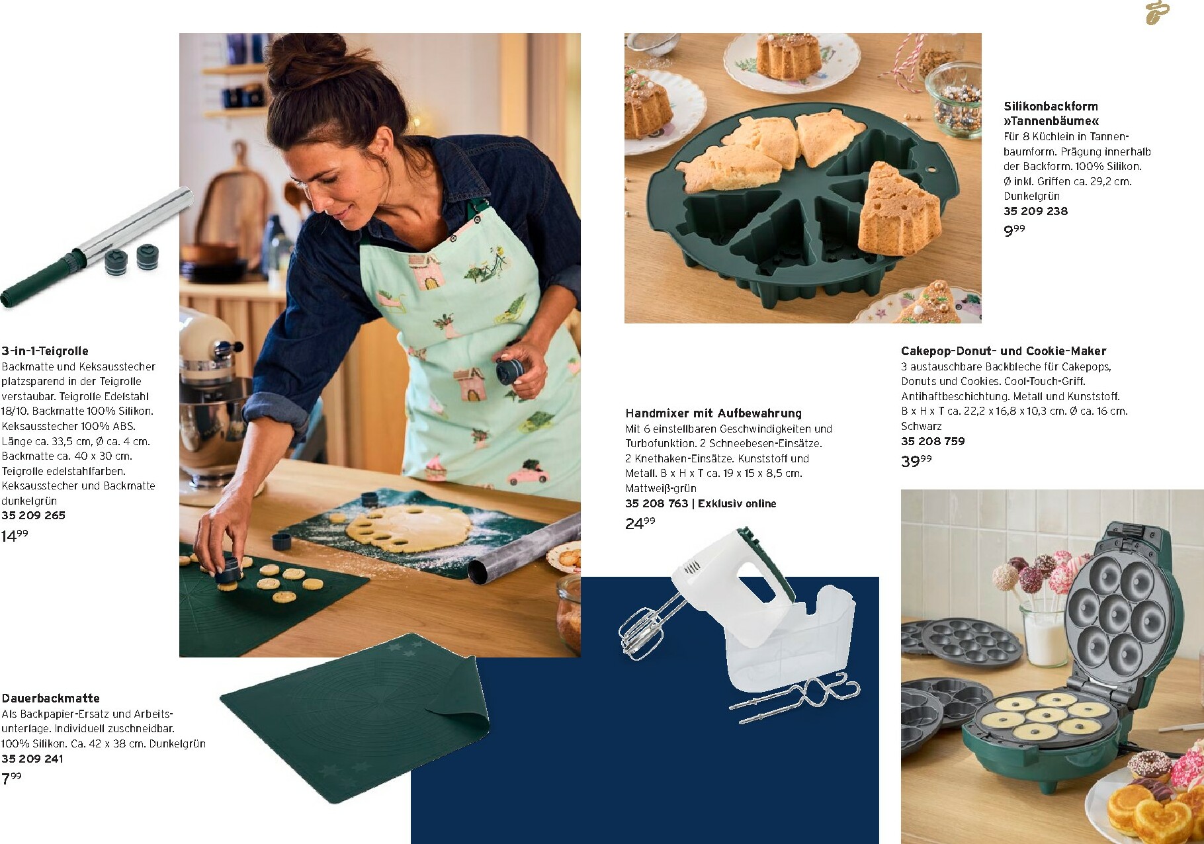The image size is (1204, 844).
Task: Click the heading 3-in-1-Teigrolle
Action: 45,351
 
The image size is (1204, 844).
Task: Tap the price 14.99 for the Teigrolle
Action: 15,536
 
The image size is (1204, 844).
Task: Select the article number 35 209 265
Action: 33,515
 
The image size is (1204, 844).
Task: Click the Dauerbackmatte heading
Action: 50,698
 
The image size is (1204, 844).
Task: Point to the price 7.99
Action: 11,779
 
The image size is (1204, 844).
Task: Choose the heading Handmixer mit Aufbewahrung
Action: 713,413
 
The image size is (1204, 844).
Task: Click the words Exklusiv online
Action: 737,503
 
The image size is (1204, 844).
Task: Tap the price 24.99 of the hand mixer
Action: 640,523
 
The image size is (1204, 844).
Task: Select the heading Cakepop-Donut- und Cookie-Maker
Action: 1004,351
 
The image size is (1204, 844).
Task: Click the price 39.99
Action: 916,461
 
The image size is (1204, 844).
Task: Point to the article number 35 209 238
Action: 1035,211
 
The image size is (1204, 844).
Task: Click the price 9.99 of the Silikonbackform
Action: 1014,231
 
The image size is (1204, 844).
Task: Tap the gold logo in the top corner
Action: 1157,13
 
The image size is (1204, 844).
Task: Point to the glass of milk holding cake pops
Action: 1045,634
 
